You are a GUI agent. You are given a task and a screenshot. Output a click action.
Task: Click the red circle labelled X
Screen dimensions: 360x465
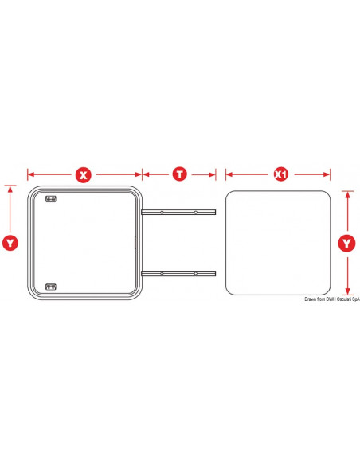click(84, 175)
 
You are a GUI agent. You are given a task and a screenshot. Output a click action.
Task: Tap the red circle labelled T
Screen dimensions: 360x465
click(180, 174)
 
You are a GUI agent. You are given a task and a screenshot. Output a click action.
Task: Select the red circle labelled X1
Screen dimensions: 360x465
click(280, 174)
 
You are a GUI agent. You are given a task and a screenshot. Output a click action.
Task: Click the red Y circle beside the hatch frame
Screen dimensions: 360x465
click(10, 243)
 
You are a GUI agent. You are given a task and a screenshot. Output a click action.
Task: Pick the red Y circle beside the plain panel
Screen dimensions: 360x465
click(346, 244)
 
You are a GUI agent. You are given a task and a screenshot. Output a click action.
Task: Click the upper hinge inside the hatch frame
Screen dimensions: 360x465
click(51, 199)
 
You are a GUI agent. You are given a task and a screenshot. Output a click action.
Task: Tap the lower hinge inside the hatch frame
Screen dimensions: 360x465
click(51, 287)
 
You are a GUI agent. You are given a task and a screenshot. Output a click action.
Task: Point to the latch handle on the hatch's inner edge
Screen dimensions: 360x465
click(135, 243)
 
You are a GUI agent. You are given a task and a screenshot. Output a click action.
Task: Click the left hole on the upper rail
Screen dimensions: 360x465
click(162, 213)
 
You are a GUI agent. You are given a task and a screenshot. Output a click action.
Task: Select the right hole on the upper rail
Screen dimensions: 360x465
click(196, 213)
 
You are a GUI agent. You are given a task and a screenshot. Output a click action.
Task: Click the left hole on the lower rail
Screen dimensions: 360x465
click(162, 273)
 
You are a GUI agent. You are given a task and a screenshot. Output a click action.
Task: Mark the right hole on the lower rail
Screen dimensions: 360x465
click(196, 273)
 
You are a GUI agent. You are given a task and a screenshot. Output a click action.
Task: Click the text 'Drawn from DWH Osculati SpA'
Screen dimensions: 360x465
click(332, 299)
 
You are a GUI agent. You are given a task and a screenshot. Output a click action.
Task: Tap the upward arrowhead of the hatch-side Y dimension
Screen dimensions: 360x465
click(10, 189)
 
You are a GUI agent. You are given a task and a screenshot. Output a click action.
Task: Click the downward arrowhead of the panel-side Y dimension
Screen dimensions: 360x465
click(348, 291)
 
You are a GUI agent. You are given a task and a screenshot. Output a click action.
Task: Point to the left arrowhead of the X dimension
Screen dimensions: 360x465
click(31, 174)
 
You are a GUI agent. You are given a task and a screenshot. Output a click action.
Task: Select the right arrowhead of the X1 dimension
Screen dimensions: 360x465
click(327, 174)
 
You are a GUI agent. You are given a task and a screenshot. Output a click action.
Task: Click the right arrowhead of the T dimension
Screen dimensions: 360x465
click(213, 174)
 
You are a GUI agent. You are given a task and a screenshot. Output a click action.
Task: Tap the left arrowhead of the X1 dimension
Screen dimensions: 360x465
click(229, 174)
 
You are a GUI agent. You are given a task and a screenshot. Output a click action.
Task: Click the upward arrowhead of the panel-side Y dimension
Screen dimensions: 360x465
click(348, 195)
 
